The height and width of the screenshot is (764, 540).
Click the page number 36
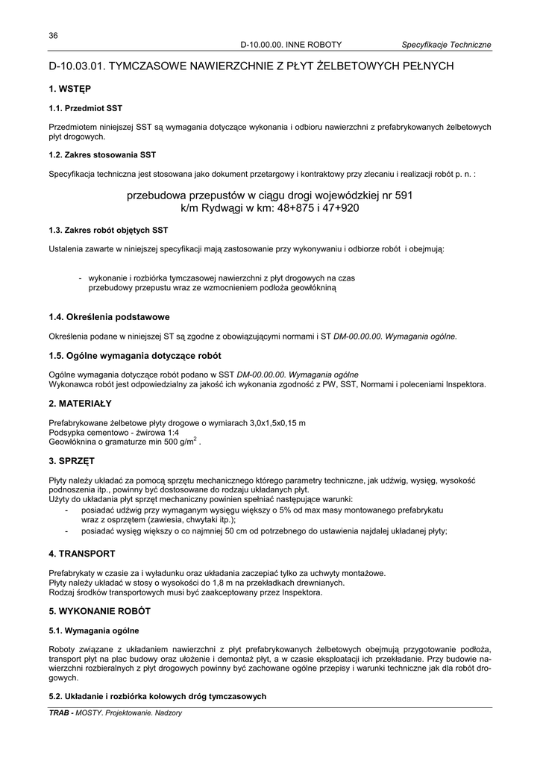tap(53, 36)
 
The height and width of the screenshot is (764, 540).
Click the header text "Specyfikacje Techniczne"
tap(446, 45)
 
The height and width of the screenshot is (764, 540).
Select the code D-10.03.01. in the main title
tap(78, 66)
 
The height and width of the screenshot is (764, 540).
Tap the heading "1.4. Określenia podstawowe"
tap(109, 317)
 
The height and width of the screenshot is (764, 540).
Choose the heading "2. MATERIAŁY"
tap(80, 404)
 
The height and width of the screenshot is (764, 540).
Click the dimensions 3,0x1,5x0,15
tap(260, 423)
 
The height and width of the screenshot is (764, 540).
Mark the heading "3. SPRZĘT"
tap(72, 460)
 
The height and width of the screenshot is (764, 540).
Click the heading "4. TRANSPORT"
tap(82, 554)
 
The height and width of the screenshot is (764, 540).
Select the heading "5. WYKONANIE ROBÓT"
tap(100, 611)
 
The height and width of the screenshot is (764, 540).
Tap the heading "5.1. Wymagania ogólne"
tap(94, 630)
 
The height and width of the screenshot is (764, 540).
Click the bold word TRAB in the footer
tap(60, 713)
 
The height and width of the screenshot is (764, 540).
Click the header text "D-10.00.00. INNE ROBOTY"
tap(291, 45)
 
